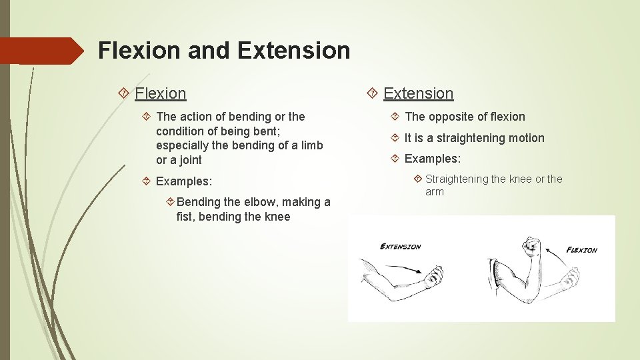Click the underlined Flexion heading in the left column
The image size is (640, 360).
pos(160,93)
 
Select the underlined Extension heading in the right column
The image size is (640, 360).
pos(418,93)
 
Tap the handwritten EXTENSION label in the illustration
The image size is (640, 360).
pos(400,247)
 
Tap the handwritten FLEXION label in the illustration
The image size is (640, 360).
pos(581,250)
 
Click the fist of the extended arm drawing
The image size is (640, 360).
pos(435,275)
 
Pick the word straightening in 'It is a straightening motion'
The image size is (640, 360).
pos(476,138)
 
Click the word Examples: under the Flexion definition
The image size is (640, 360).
pos(183,181)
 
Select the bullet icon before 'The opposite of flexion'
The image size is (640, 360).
pos(395,117)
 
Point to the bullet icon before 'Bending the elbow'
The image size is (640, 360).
pos(171,202)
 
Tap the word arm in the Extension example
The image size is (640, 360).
pos(435,192)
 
